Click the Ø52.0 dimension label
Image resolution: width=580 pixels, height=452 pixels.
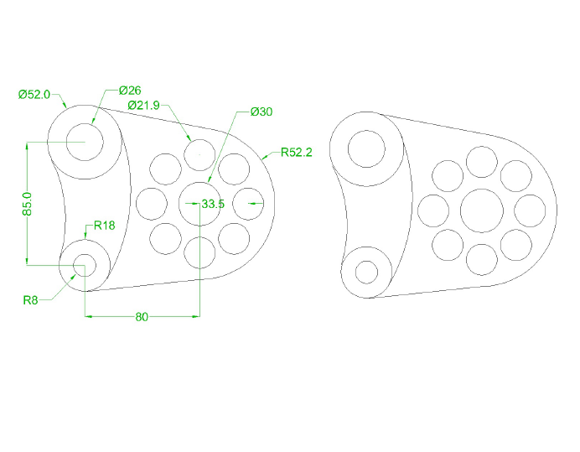[x=34, y=95]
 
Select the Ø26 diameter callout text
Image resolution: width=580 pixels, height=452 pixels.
[x=130, y=90]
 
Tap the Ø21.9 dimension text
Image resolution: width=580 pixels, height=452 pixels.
[x=144, y=105]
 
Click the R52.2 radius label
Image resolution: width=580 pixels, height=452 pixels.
[x=296, y=152]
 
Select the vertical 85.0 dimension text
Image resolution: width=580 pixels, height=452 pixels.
[x=27, y=205]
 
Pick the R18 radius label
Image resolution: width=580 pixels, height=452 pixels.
[x=104, y=225]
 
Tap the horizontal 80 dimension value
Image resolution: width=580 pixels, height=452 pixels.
[x=142, y=317]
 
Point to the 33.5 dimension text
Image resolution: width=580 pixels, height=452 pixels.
[x=213, y=204]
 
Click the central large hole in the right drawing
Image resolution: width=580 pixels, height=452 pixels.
[x=482, y=210]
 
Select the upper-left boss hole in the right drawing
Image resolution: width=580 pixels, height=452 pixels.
[x=366, y=150]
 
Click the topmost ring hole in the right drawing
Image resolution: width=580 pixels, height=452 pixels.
[x=482, y=162]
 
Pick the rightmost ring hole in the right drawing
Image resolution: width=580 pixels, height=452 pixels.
[x=531, y=210]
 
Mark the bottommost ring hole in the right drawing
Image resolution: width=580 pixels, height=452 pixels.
[x=482, y=259]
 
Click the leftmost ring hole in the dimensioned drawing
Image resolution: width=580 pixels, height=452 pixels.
[x=152, y=203]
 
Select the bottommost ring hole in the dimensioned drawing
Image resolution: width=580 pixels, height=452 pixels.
[x=199, y=252]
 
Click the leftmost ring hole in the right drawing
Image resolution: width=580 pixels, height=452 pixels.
[x=433, y=210]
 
